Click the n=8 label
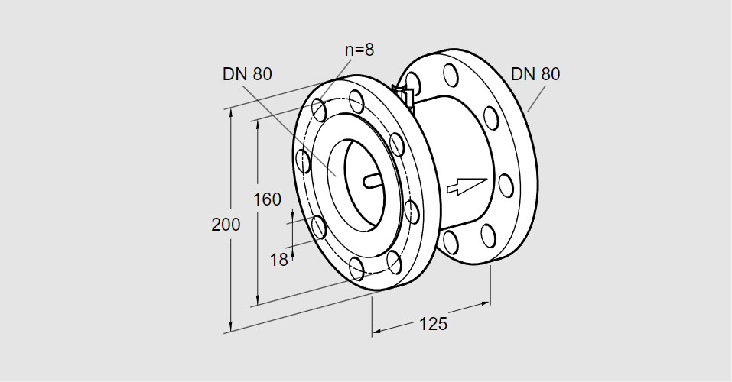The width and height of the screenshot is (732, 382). [x=359, y=50]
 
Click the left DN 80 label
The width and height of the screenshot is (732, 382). [x=247, y=74]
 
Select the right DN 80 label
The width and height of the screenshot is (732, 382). [x=535, y=74]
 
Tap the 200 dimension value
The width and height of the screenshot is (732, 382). [x=226, y=225]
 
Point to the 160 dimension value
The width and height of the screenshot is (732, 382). [x=267, y=199]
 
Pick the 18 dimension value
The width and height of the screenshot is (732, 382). [x=279, y=260]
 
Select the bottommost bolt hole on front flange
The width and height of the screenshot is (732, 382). [x=356, y=267]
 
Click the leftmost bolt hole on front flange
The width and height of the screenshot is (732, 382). [x=303, y=161]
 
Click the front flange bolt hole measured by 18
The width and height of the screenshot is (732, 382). [x=317, y=225]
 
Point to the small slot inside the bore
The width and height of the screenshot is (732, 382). [x=372, y=181]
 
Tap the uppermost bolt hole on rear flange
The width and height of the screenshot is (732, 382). [x=451, y=74]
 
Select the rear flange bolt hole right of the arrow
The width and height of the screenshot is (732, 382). [x=506, y=185]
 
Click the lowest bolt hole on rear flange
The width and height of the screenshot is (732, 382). [x=451, y=242]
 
